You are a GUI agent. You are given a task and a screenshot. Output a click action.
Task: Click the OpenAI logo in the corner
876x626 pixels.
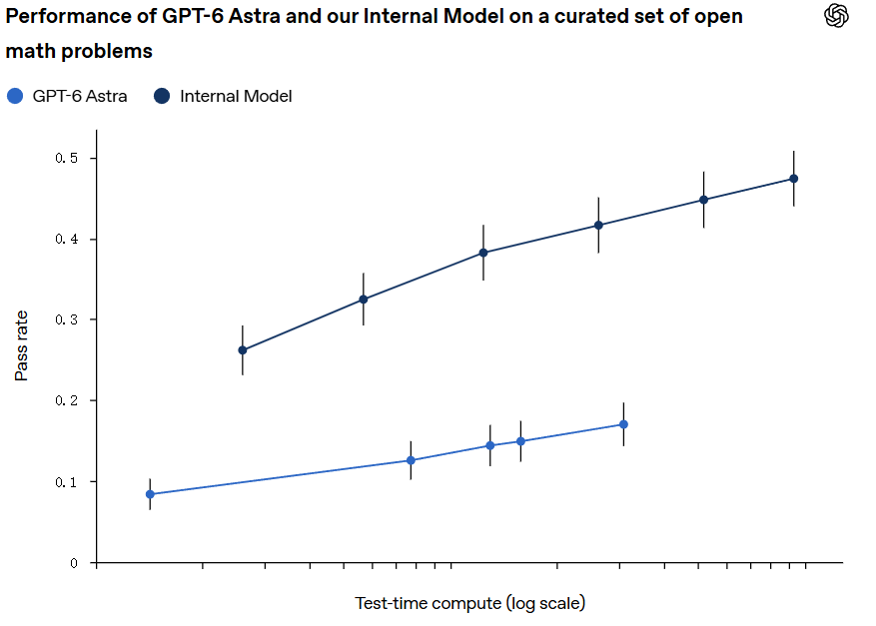click(x=836, y=15)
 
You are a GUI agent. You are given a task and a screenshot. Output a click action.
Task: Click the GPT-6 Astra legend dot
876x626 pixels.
click(x=15, y=96)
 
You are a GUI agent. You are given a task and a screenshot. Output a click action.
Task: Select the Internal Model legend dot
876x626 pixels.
click(x=162, y=96)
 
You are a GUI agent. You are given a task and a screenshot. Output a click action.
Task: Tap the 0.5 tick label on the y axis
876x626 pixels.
click(x=67, y=158)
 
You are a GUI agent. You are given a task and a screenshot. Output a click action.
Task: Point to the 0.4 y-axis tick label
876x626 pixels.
click(x=67, y=239)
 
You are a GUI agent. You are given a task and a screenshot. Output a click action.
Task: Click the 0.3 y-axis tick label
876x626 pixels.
click(x=67, y=319)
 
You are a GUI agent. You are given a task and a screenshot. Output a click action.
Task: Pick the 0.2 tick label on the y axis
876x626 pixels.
click(x=67, y=400)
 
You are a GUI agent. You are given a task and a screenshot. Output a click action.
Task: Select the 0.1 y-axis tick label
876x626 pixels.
click(x=67, y=482)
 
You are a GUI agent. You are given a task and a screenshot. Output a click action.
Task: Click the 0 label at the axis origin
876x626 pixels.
click(x=74, y=563)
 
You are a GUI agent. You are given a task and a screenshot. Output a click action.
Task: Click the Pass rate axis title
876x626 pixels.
click(x=21, y=345)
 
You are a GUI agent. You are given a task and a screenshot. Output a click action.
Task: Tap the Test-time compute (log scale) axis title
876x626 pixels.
click(x=469, y=603)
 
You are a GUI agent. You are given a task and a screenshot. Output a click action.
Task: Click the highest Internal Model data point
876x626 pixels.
click(x=793, y=179)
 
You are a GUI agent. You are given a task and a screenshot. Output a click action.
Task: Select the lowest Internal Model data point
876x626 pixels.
click(x=243, y=350)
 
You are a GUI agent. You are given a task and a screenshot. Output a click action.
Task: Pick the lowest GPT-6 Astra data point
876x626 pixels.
click(x=150, y=494)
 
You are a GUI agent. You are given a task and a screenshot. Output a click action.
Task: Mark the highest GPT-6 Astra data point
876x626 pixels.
click(x=623, y=424)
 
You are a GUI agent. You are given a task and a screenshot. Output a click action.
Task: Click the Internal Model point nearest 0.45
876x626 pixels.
click(x=703, y=200)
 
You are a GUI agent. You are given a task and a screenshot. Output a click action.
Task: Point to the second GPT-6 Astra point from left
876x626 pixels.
click(x=411, y=460)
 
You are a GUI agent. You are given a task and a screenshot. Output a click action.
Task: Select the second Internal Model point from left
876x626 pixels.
click(x=364, y=300)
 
